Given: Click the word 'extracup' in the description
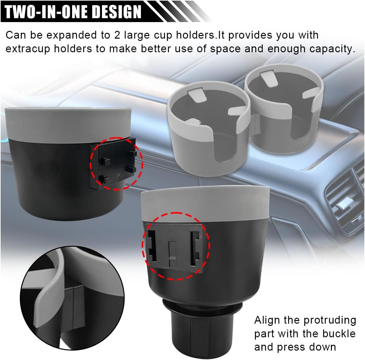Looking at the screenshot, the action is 28,49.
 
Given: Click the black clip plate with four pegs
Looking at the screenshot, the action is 113,164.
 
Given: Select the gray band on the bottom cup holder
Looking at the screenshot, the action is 205,205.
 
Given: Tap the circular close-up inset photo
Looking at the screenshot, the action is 72,298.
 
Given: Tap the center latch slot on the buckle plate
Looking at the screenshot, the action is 172,254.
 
